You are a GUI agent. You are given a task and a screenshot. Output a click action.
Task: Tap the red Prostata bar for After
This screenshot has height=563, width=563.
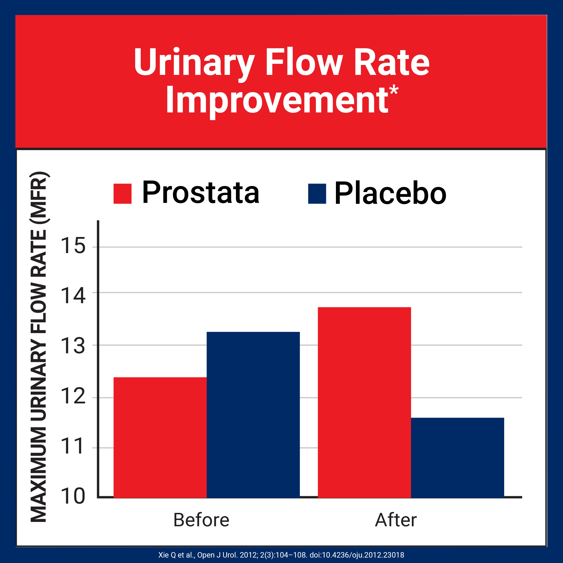click(364, 402)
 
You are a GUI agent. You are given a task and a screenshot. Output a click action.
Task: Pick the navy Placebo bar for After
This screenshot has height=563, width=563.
click(457, 458)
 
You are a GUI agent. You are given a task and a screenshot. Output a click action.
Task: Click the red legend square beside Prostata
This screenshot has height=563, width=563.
click(122, 193)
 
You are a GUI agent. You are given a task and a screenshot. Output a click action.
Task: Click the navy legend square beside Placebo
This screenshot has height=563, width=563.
click(317, 193)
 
